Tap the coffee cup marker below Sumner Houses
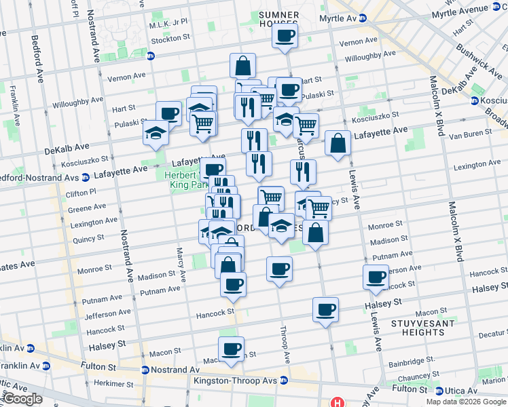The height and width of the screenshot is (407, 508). [285, 35]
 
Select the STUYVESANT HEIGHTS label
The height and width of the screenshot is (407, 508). [418, 328]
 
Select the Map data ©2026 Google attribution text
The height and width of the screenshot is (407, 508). [466, 402]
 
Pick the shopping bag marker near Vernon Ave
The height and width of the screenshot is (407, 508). [242, 66]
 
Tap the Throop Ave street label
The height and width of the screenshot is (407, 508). [286, 346]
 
